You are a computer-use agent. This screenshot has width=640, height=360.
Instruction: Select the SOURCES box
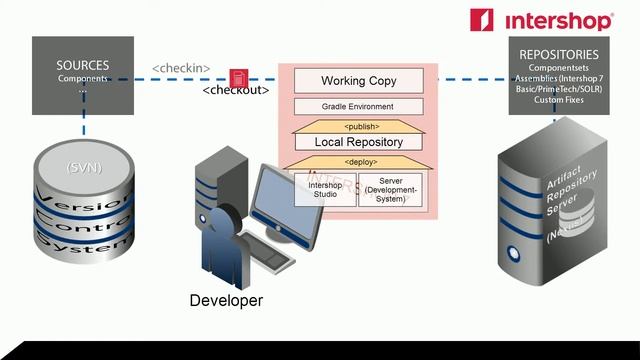83,75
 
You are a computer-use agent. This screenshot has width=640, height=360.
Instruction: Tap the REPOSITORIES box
559,75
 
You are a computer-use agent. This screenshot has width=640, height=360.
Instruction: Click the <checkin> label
181,68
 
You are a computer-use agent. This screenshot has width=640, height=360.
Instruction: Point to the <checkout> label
236,90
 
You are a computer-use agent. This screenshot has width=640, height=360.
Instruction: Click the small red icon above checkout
238,77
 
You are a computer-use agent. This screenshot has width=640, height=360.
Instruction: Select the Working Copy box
358,81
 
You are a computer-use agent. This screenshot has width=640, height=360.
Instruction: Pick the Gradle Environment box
358,106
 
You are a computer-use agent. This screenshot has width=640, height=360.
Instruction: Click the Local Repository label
358,142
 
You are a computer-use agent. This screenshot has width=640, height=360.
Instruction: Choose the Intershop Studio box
325,190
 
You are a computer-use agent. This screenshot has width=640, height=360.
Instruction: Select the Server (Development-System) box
391,190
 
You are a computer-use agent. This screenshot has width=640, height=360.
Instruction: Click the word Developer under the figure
227,300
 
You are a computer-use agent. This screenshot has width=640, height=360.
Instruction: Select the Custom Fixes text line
559,99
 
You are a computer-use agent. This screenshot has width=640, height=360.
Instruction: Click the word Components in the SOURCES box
83,79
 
